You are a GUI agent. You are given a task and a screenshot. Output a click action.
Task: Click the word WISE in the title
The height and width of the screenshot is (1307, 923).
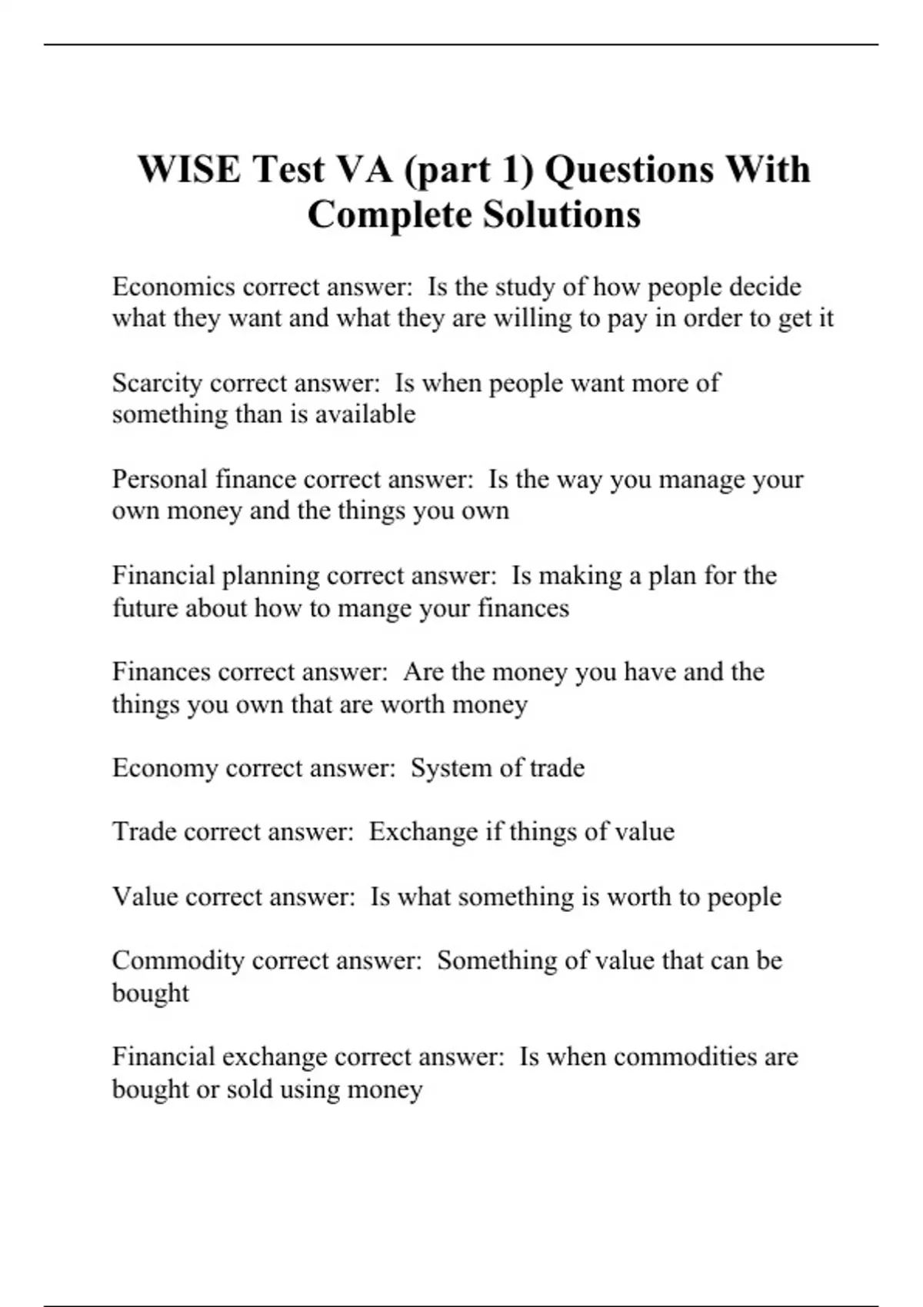pyautogui.click(x=188, y=169)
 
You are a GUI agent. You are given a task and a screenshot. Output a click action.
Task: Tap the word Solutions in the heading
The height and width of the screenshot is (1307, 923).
pyautogui.click(x=561, y=215)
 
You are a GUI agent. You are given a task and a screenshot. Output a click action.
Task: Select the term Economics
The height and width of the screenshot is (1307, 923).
pyautogui.click(x=174, y=287)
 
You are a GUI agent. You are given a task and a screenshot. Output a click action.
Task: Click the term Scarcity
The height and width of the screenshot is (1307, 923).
pyautogui.click(x=158, y=383)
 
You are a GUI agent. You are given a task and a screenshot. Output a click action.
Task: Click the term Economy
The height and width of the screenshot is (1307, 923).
pyautogui.click(x=165, y=768)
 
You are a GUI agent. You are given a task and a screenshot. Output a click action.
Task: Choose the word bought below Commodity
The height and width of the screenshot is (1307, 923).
pyautogui.click(x=150, y=993)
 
